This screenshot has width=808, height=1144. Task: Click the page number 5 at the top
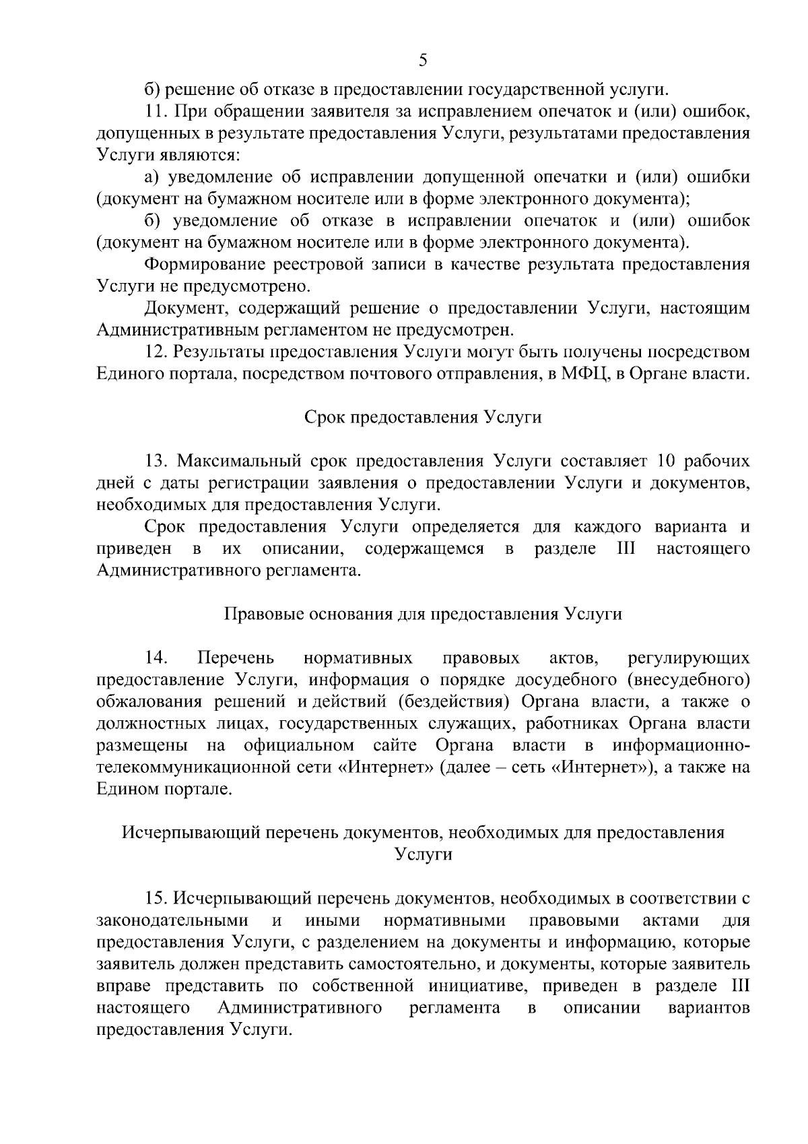[x=422, y=61]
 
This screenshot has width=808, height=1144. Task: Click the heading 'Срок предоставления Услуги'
[x=423, y=418]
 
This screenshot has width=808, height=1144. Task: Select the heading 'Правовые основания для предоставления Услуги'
[x=422, y=614]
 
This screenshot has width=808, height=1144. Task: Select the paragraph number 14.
[x=156, y=657]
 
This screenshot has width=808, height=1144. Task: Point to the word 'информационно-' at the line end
[x=681, y=746]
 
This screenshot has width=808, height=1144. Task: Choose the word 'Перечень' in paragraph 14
[x=236, y=657]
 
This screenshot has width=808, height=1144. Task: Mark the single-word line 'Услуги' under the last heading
[x=423, y=855]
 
